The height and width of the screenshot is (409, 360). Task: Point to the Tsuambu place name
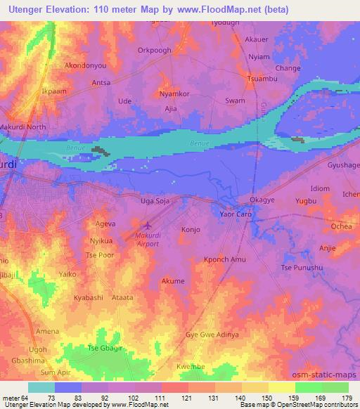pyautogui.click(x=264, y=79)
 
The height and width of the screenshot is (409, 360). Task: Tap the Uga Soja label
pyautogui.click(x=157, y=202)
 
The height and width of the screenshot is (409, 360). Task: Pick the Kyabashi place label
pyautogui.click(x=89, y=298)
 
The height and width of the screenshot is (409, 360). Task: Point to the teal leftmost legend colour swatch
pyautogui.click(x=41, y=387)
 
